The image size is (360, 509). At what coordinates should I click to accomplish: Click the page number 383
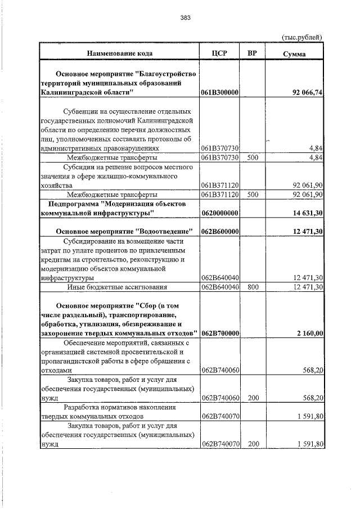(x=186, y=18)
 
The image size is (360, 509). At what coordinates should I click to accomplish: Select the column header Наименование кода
(x=119, y=54)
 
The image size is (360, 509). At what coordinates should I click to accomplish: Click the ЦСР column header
(x=220, y=54)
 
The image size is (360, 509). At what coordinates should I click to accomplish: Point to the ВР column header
(x=253, y=54)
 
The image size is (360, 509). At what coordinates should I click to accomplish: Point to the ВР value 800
(x=253, y=287)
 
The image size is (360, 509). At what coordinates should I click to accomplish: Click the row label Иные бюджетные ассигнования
(x=118, y=287)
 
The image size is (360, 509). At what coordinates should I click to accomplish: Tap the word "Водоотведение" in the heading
(x=165, y=232)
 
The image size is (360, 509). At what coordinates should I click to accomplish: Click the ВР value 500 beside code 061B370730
(x=253, y=157)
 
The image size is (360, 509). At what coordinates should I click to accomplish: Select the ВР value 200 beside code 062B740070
(x=253, y=444)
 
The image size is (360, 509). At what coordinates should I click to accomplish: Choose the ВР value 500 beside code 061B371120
(x=253, y=195)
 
